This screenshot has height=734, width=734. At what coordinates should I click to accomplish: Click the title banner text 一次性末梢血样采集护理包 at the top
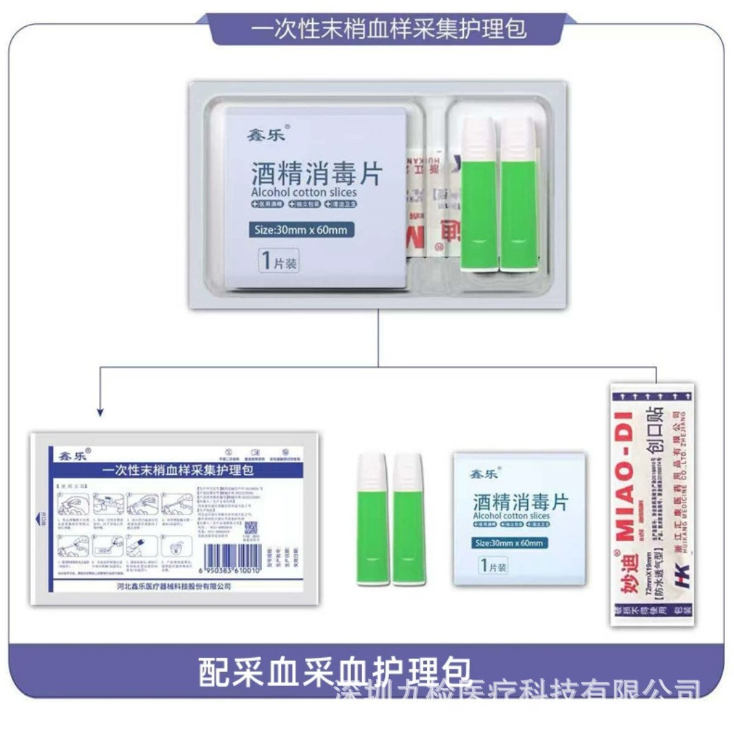(389, 30)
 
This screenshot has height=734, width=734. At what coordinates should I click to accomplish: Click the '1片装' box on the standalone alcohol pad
(493, 566)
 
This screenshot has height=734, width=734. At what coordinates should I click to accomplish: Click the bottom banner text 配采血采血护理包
(335, 671)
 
